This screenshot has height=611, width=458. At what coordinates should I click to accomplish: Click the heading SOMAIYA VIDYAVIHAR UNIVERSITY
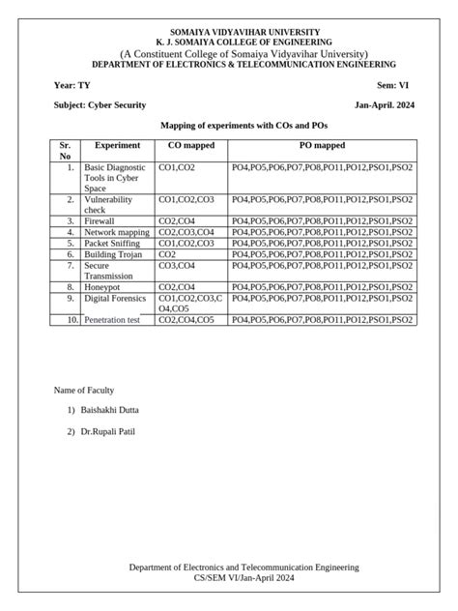[x=244, y=33]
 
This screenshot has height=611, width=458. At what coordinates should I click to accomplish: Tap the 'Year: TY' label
[x=72, y=85]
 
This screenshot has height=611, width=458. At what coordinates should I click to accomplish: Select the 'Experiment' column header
[x=117, y=145]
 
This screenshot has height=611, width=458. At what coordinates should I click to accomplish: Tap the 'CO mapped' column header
[x=191, y=145]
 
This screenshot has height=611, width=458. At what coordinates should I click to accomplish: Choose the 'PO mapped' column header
[x=322, y=145]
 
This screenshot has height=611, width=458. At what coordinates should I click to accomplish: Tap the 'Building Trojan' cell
[x=112, y=254]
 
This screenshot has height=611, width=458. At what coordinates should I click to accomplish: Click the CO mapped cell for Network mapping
[x=186, y=233]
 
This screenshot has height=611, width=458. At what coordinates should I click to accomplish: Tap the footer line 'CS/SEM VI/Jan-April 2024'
[x=244, y=577]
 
